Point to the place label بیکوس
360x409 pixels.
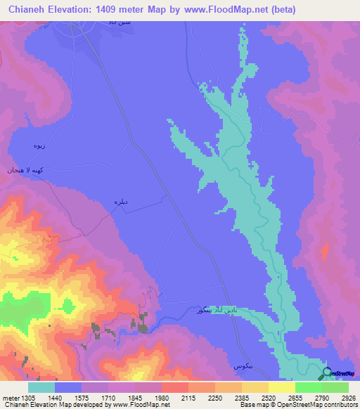click(x=243, y=367)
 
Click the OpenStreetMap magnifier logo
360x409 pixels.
click(x=326, y=374)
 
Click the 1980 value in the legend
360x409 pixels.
click(x=162, y=398)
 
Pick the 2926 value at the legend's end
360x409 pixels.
click(x=349, y=398)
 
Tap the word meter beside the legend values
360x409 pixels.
click(x=10, y=398)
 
